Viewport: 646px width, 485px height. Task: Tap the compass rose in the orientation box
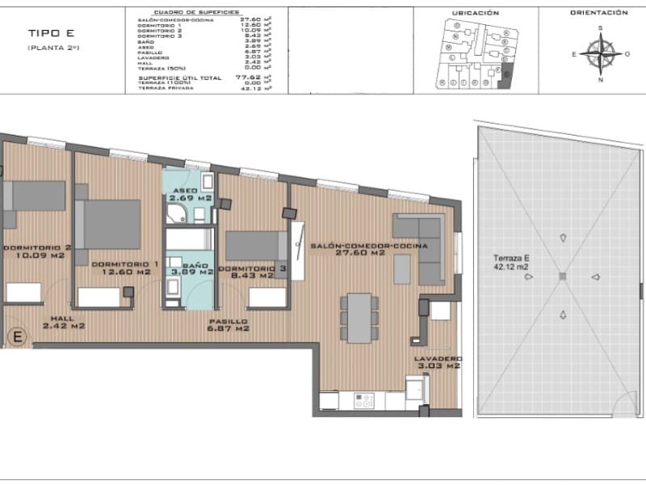(600, 53)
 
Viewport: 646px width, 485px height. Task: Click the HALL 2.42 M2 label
(65, 323)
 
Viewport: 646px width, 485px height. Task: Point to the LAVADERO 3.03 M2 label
(437, 361)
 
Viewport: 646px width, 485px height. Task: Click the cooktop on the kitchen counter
(365, 400)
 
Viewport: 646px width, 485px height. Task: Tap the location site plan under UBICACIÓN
(474, 53)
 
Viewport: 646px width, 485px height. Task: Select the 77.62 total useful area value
(245, 77)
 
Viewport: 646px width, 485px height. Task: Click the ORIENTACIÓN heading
(599, 13)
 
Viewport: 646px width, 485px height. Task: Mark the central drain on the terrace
(562, 276)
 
